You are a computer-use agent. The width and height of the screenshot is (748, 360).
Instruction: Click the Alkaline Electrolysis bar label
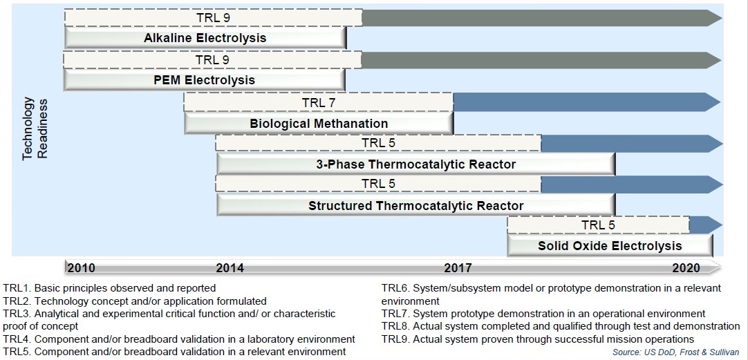tap(205, 38)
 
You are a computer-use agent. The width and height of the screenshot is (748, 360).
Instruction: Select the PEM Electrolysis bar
tap(205, 79)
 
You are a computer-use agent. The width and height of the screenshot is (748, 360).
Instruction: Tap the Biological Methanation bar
tap(319, 124)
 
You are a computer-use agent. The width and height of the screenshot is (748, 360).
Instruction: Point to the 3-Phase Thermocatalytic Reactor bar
tap(416, 165)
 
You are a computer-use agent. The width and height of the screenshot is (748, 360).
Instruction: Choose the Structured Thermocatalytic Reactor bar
tap(416, 206)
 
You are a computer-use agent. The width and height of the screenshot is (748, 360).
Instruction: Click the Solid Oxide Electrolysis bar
tap(610, 246)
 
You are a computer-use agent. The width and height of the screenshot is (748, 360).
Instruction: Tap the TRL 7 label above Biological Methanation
tap(319, 102)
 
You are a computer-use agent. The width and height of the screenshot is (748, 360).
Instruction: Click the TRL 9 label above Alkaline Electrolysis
tap(213, 18)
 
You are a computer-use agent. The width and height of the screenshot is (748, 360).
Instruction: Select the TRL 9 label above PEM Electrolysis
tap(213, 60)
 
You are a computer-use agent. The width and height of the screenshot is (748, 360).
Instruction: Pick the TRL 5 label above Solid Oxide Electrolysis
tap(598, 225)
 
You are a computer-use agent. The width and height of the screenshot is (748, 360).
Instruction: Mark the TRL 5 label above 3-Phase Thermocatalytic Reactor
tap(378, 142)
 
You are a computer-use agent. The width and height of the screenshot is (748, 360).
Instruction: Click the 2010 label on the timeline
tap(81, 267)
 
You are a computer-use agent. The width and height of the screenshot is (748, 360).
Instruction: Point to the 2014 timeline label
tap(230, 267)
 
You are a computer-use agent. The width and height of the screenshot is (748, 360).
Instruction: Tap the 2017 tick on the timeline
tap(458, 267)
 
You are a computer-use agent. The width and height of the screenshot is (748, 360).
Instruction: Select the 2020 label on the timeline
tap(686, 267)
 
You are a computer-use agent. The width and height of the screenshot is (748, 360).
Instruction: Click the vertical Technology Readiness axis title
tap(37, 127)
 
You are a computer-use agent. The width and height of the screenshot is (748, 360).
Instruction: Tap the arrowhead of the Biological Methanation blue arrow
tap(714, 102)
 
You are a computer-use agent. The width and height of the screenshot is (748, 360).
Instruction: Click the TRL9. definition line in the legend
tap(537, 339)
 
